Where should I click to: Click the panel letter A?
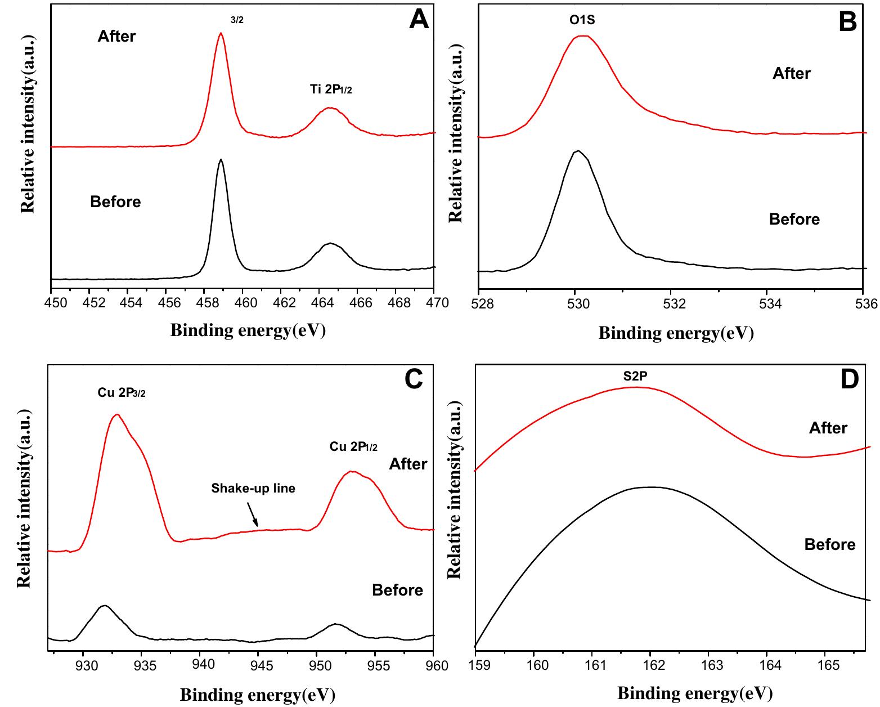pos(419,20)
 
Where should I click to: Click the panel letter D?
pos(850,380)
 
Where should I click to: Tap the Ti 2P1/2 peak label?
pos(331,89)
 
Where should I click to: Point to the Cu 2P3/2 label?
pos(122,393)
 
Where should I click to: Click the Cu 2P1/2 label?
pos(353,447)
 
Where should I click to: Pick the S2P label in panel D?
pos(635,377)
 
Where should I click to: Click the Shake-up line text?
pos(253,488)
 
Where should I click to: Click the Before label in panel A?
pos(115,202)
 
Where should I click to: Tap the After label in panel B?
pos(791,74)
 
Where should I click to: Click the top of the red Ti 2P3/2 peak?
pos(221,33)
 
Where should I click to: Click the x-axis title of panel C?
pos(257,695)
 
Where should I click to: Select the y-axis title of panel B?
pos(456,129)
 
